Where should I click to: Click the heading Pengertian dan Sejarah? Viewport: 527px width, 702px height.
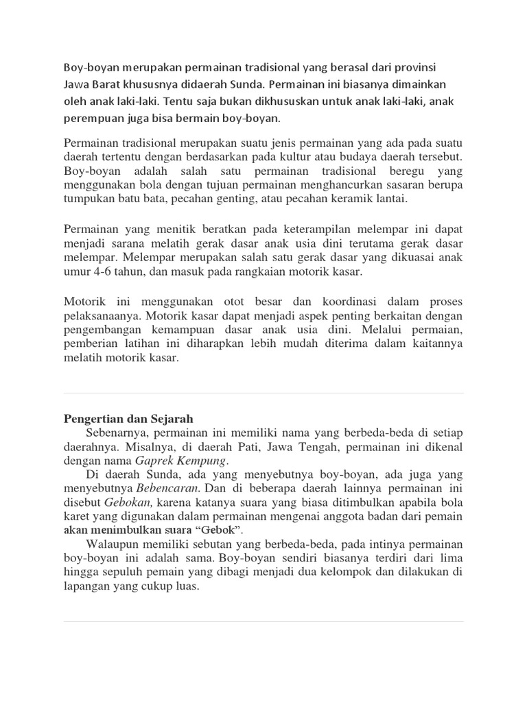128,417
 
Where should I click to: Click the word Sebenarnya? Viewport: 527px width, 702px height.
117,433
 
